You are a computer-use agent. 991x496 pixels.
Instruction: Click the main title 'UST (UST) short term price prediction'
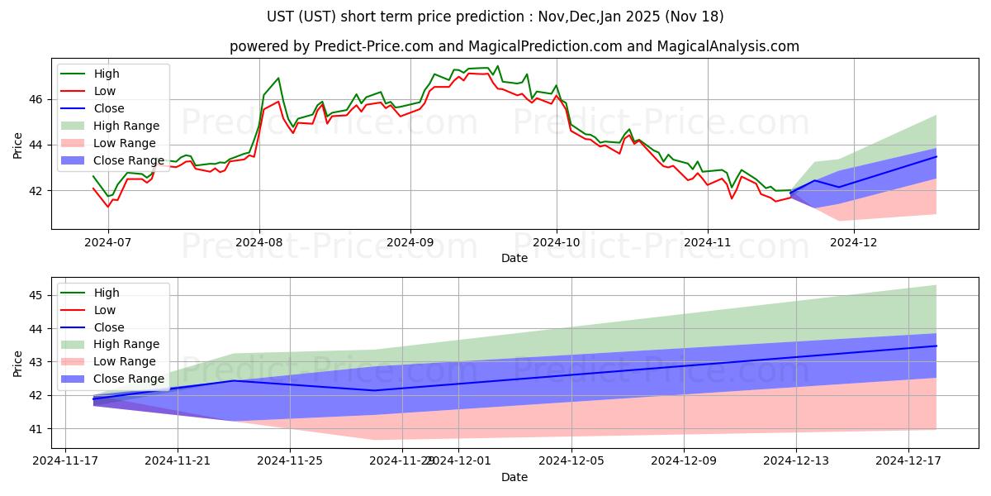point(495,17)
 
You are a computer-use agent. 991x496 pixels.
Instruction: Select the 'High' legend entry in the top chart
point(105,74)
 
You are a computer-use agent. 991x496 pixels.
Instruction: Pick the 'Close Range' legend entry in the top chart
point(129,160)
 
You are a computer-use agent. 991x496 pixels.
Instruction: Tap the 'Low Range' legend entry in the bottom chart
point(125,361)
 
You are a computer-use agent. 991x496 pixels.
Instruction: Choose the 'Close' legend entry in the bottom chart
point(109,327)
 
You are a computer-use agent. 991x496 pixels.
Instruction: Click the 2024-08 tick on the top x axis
point(259,243)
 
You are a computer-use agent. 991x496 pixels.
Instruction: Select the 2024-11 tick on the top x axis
point(708,243)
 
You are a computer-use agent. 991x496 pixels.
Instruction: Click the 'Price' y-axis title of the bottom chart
point(18,362)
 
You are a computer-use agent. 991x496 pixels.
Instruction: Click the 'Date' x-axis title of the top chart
point(514,258)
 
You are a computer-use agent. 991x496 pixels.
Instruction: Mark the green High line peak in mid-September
point(497,66)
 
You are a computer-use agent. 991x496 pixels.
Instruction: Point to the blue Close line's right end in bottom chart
point(936,346)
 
